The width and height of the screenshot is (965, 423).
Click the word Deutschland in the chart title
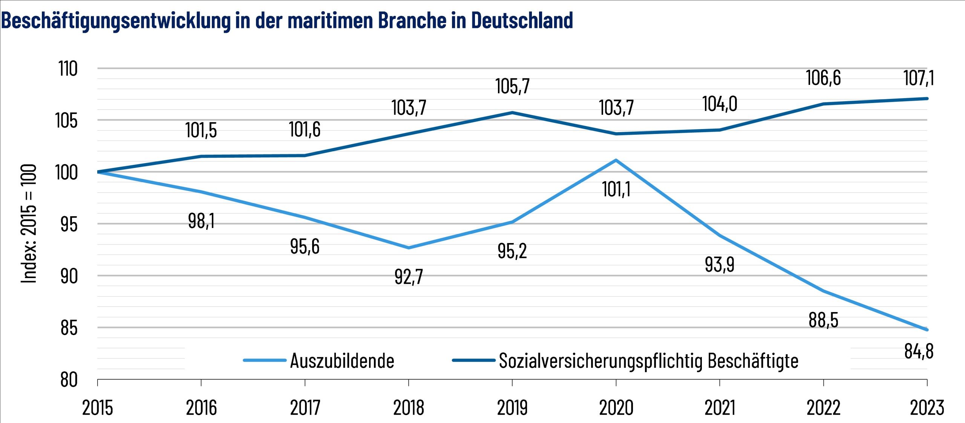click(522, 20)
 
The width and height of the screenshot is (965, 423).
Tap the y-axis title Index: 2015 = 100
click(29, 223)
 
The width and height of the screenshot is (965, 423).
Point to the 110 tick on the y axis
click(68, 69)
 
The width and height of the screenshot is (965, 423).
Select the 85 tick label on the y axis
click(69, 328)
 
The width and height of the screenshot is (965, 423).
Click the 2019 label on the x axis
click(512, 408)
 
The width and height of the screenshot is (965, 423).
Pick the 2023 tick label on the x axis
click(927, 408)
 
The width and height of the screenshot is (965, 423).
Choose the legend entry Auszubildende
click(342, 361)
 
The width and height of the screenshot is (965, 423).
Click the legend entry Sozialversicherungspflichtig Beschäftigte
click(648, 361)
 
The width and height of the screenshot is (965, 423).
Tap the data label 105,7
click(512, 86)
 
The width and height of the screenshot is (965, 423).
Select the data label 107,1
click(919, 78)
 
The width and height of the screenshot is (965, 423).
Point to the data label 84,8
click(919, 351)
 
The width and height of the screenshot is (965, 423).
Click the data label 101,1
click(616, 189)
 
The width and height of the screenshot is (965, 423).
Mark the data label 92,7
click(409, 277)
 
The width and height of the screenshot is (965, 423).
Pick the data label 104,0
click(720, 104)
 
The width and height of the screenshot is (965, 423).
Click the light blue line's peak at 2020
click(616, 160)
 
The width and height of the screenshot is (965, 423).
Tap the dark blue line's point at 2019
click(512, 112)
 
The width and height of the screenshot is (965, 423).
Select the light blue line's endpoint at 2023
click(927, 330)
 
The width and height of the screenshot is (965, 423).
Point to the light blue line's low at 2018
click(409, 248)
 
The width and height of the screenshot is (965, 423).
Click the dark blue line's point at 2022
click(823, 104)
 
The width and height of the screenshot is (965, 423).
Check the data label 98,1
click(201, 221)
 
